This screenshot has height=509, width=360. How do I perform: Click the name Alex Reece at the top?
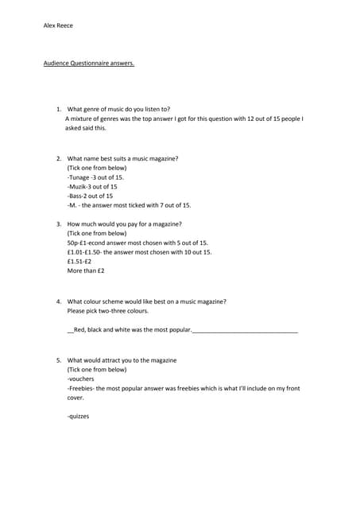(58, 25)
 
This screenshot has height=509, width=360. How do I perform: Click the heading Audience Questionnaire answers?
(89, 64)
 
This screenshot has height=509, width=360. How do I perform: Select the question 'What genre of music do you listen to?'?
(118, 109)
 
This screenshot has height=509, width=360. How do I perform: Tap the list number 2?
(59, 159)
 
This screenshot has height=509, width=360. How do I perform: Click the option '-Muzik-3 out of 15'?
(92, 187)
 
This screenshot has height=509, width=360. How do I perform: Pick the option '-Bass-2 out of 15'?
(91, 196)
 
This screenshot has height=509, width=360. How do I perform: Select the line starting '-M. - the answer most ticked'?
(130, 205)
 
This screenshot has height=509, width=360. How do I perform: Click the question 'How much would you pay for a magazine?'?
(124, 224)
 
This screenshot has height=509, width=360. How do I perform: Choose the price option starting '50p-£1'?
(137, 243)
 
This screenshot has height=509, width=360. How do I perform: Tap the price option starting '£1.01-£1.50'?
(140, 252)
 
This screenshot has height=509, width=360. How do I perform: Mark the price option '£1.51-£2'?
(79, 261)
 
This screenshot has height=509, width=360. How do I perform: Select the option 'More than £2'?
(86, 270)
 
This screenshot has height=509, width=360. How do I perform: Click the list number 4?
(59, 301)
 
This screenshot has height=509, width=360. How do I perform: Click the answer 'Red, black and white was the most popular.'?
(132, 329)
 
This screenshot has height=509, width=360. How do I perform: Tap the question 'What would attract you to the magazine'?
(122, 360)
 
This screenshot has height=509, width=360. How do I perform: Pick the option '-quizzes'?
(79, 416)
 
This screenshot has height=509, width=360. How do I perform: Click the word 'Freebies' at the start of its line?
(83, 388)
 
